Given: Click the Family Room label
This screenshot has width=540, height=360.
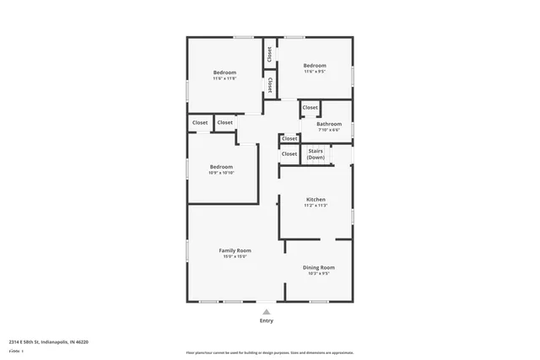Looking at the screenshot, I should coord(235,250).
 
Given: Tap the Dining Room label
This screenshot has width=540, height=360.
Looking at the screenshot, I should coord(319,267).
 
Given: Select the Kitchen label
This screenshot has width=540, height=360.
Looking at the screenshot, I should coord(316,200).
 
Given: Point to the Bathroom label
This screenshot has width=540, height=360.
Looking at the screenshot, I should coord(328,124).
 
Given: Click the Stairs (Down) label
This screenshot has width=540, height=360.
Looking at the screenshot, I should coord(316,154).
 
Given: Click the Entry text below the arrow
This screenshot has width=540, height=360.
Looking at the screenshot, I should coord(267,321).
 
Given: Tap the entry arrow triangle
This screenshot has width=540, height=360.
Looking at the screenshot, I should coord(267,311).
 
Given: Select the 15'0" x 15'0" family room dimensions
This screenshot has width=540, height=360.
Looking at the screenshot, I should coord(235,257).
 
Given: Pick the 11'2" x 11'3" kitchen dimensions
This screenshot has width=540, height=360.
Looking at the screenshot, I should coord(316,206).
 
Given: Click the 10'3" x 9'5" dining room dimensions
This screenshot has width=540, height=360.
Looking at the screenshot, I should coord(319,273).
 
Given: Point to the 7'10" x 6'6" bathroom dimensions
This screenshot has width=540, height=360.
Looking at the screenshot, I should coord(328,130).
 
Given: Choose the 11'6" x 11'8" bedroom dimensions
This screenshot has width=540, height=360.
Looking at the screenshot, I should coord(224,78).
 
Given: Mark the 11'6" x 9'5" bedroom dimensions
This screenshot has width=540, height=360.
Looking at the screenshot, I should coord(315,72).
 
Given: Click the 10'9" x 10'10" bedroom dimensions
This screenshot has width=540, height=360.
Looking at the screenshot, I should coord(221,173).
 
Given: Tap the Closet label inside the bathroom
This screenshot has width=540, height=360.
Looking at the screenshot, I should coord(310,108).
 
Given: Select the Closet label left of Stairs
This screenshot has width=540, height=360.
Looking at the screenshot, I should coord(289,153).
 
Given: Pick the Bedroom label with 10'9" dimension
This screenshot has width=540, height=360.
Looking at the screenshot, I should coord(221,166).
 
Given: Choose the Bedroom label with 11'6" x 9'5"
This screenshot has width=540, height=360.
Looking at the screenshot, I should coord(315,66).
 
